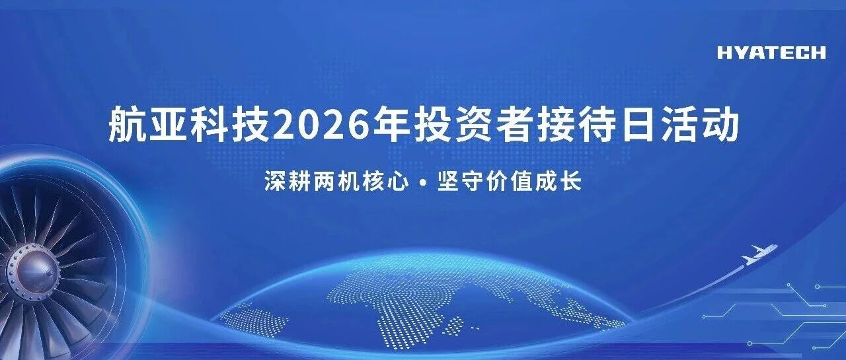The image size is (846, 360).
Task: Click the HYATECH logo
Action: coord(771,53)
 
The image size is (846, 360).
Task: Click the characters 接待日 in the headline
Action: coord(596,124)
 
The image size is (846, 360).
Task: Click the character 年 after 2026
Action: coord(391,124)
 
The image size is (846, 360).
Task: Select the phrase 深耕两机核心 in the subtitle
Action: coord(336,182)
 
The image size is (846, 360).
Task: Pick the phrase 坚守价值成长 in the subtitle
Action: coord(509,182)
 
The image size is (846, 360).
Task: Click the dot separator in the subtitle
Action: coord(423,182)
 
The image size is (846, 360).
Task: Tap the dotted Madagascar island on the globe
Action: coord(453,326)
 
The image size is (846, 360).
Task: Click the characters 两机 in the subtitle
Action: coord(336,182)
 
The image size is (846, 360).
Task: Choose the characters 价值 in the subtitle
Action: coord(509,182)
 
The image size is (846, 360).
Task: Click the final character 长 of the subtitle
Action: coord(570,182)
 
